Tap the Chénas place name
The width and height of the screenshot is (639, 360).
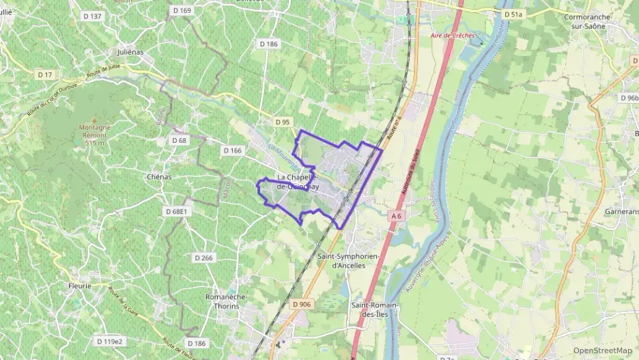(158, 176)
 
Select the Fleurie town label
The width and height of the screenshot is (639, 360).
(80, 286)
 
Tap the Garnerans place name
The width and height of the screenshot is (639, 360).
(621, 212)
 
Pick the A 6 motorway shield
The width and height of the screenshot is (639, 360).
(396, 216)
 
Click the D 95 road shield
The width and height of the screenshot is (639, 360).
(283, 122)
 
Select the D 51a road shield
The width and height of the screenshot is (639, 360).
(513, 14)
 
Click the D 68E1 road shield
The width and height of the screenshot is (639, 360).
(176, 212)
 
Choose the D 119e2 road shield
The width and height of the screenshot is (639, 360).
(109, 341)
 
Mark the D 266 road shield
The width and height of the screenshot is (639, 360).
(203, 258)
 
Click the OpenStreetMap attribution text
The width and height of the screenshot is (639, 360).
(602, 350)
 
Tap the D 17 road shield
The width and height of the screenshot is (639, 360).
(45, 74)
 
